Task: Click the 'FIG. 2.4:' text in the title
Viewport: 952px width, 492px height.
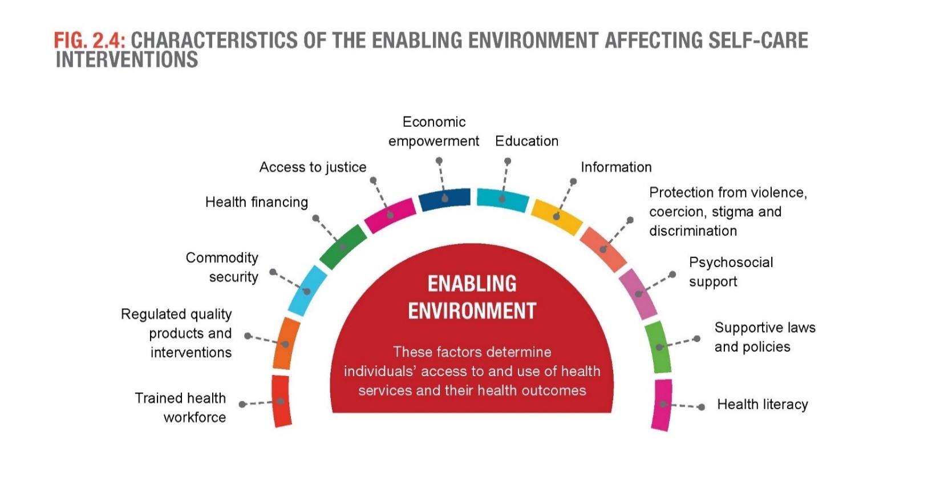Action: tap(90, 41)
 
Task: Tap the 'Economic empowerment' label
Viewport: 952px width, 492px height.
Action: tap(434, 131)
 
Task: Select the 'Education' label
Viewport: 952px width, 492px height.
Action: tap(526, 141)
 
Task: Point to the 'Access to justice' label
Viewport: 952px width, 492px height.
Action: tap(313, 167)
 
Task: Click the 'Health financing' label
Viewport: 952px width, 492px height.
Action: tap(257, 202)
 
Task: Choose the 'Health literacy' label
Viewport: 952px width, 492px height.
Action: tap(763, 405)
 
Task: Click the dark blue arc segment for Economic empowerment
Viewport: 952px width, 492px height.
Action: tap(444, 199)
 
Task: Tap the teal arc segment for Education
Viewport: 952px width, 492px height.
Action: tap(503, 199)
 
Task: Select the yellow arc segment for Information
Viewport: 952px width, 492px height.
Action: tap(557, 216)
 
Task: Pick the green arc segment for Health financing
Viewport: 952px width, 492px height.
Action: tap(343, 247)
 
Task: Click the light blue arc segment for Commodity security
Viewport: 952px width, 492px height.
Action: tap(307, 291)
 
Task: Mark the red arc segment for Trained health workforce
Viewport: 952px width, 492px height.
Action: tap(281, 401)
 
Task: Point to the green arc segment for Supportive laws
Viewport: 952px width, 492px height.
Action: tap(658, 346)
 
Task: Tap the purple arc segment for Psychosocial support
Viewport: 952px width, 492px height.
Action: tap(638, 294)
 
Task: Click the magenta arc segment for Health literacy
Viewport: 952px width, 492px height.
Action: tap(662, 405)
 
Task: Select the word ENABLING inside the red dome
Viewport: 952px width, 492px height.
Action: tap(472, 284)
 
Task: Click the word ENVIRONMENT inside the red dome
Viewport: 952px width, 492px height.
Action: tap(472, 311)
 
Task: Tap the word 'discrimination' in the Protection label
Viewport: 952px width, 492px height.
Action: tap(692, 231)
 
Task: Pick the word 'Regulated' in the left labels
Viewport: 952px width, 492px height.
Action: tap(153, 314)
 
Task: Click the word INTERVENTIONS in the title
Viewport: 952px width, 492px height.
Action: tap(127, 59)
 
